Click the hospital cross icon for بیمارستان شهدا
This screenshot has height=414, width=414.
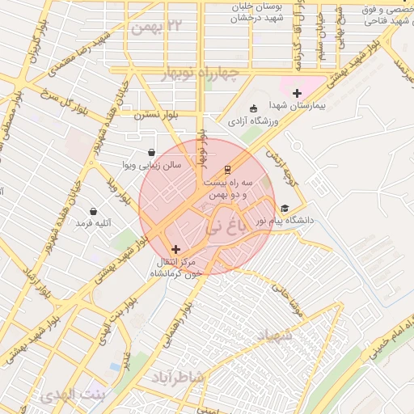pyautogui.click(x=297, y=94)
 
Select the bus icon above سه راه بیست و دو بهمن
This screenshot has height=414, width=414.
pyautogui.click(x=227, y=170)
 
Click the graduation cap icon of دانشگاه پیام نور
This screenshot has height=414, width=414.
pyautogui.click(x=284, y=208)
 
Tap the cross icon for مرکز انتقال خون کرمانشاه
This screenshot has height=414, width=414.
pyautogui.click(x=176, y=248)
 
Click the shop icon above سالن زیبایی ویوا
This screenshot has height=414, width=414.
pyautogui.click(x=151, y=152)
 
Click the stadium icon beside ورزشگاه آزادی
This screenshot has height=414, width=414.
pyautogui.click(x=253, y=108)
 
